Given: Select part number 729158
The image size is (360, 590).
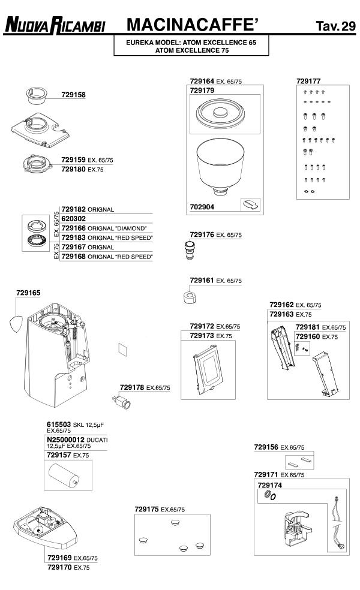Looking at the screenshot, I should click(73, 94).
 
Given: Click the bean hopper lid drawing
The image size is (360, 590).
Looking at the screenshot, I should click(220, 113).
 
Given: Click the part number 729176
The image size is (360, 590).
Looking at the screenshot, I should click(202, 234).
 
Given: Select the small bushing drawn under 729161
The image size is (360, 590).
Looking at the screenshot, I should click(188, 297).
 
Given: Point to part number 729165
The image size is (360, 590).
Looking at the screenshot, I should click(28, 293).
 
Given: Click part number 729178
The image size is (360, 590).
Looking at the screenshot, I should click(132, 387).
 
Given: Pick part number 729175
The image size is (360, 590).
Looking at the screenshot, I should click(147, 509).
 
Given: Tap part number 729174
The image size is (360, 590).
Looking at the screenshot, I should click(269, 484).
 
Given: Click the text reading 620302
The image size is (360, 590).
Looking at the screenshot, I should click(74, 219).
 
